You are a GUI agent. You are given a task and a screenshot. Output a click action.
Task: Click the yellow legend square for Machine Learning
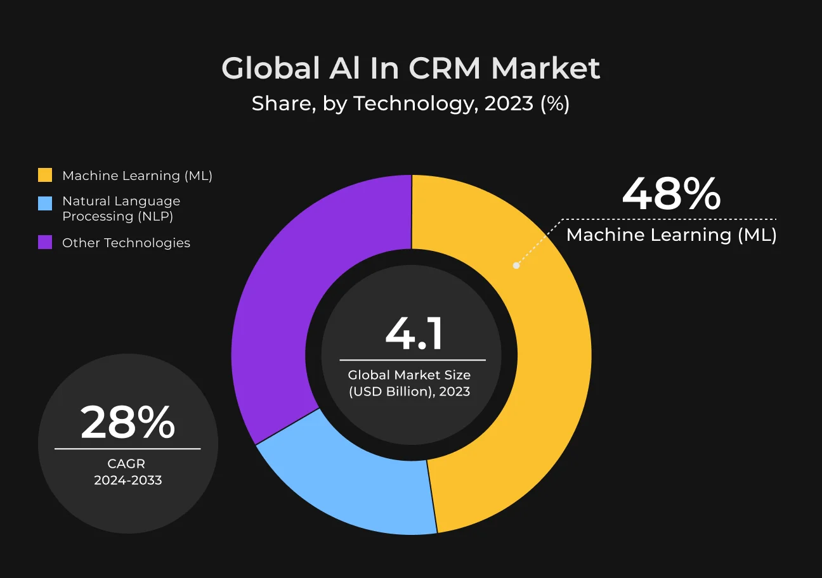[x=45, y=175]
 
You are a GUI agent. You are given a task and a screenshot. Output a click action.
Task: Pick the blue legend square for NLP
[x=45, y=203]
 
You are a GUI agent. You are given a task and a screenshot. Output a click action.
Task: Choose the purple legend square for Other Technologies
[x=45, y=242]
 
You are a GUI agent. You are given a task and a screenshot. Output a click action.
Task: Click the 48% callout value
[x=671, y=194]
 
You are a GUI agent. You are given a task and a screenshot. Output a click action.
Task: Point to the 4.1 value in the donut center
[x=414, y=334]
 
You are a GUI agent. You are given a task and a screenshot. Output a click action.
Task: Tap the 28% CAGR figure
[x=127, y=422]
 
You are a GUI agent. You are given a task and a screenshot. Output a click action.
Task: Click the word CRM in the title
[x=444, y=68]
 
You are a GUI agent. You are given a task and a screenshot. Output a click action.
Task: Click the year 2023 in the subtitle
[x=509, y=103]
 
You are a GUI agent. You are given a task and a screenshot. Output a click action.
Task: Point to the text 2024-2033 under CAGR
[x=127, y=480]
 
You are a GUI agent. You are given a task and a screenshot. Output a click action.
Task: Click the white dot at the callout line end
[x=516, y=265]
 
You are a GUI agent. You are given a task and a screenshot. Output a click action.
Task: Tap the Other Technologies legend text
[x=126, y=243]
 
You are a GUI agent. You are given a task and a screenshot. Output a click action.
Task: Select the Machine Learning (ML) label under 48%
[x=671, y=235]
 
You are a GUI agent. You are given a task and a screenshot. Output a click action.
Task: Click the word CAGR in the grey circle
[x=126, y=463]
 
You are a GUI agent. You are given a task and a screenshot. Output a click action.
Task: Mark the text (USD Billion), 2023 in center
[x=409, y=392]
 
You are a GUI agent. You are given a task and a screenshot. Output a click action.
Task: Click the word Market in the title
[x=545, y=68]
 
